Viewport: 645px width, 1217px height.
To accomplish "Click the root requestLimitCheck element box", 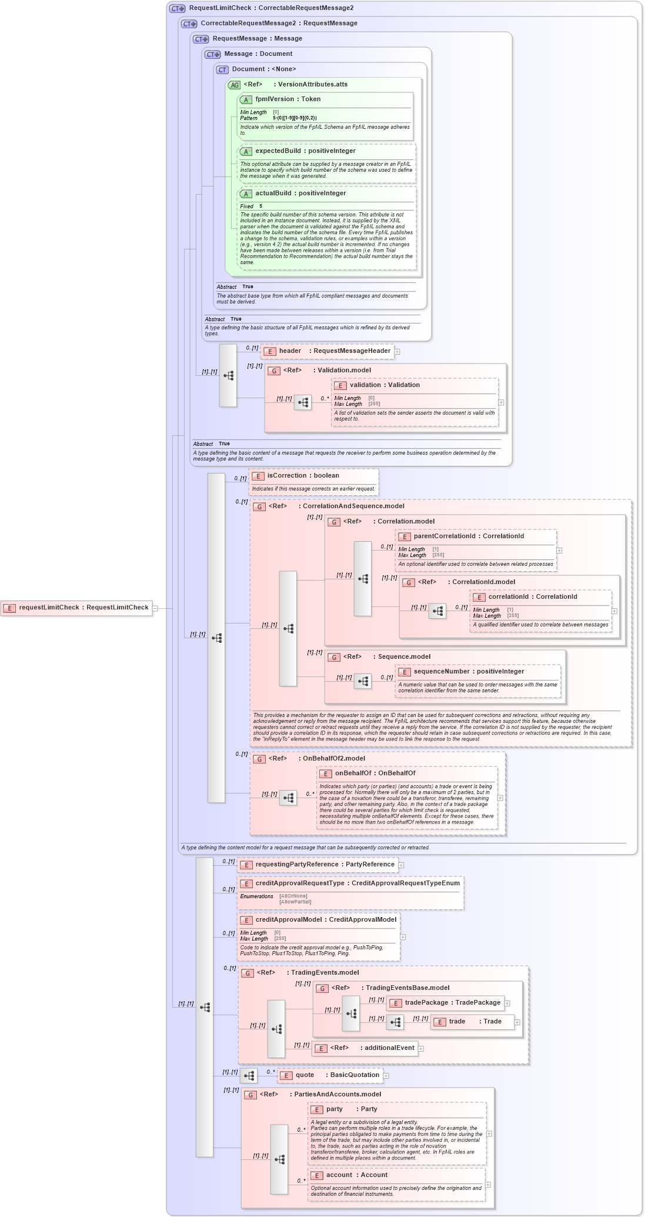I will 76,608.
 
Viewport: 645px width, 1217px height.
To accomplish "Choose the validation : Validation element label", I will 384,385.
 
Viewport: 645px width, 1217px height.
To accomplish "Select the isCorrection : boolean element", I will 303,476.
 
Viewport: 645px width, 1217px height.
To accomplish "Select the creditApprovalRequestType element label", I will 357,883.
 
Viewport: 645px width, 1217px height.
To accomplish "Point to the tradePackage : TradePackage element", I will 445,1003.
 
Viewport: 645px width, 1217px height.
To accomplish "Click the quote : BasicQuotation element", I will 330,1075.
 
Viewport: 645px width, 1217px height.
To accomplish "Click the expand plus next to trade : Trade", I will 517,1022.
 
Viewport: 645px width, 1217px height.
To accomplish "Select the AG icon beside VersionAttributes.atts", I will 234,85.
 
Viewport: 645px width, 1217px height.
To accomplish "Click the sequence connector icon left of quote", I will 249,1076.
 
